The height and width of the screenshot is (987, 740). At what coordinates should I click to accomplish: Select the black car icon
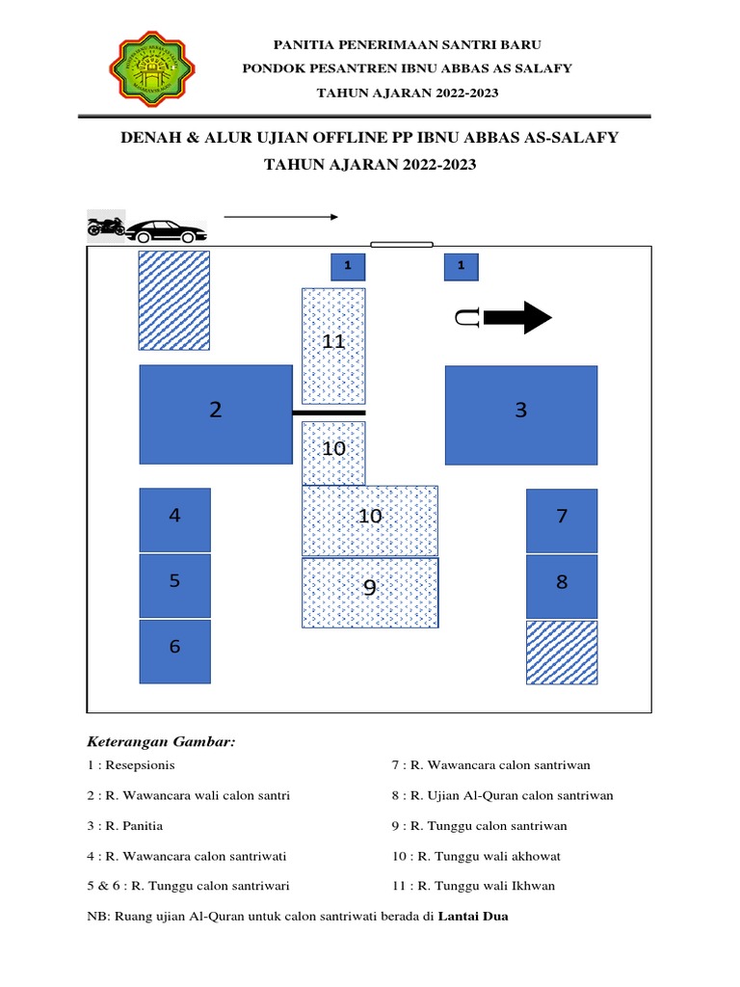(167, 231)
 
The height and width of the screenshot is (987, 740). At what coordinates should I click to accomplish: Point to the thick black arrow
(516, 317)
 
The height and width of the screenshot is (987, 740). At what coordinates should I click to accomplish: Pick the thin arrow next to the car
(280, 217)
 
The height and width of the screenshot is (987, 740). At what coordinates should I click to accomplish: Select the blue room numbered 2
(216, 413)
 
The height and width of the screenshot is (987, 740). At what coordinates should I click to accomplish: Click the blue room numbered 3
(520, 413)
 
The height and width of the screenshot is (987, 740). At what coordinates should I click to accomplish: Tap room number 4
(174, 520)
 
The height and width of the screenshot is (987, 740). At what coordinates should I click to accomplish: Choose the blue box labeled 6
(174, 652)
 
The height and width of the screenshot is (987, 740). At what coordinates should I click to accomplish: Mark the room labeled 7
(562, 520)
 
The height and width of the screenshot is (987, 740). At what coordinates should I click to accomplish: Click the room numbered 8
(562, 586)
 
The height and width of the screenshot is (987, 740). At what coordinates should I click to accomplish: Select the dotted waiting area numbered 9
(370, 593)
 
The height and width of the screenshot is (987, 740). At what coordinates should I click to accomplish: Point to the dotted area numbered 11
(333, 345)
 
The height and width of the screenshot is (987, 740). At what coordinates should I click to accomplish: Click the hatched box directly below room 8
(562, 653)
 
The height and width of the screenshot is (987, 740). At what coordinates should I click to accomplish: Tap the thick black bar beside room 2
(329, 413)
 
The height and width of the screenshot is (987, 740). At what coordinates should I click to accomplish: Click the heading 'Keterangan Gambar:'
(162, 742)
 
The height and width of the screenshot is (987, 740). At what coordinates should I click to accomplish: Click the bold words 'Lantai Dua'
(472, 917)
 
